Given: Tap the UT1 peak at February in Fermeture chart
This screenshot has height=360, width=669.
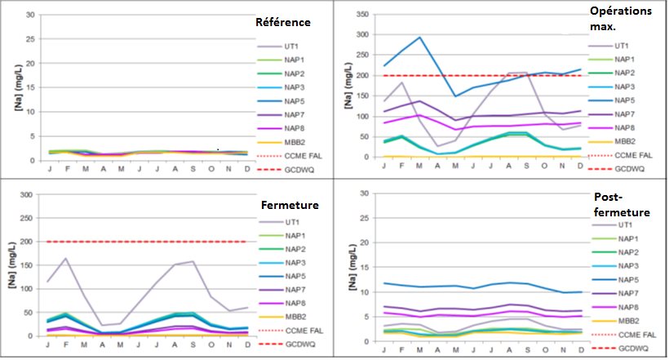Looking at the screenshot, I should point(64,259).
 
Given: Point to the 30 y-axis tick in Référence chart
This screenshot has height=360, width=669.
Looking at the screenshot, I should point(29,15).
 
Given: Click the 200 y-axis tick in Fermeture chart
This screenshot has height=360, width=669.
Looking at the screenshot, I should point(27,242).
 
